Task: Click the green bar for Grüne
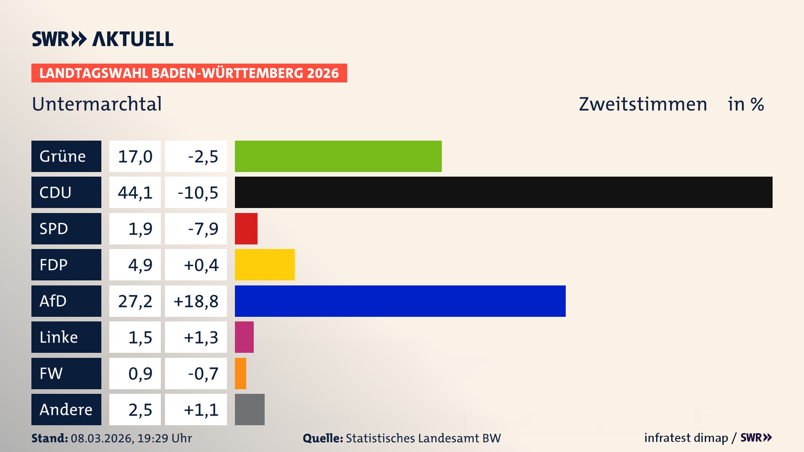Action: pyautogui.click(x=338, y=156)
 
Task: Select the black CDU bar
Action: pyautogui.click(x=503, y=192)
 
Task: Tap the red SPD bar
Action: pyautogui.click(x=246, y=229)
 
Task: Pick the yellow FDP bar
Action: pyautogui.click(x=265, y=265)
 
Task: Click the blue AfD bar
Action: pyautogui.click(x=400, y=301)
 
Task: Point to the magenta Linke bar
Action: pyautogui.click(x=244, y=337)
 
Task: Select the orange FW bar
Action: pyautogui.click(x=240, y=373)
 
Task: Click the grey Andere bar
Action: pyautogui.click(x=250, y=409)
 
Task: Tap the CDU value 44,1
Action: pyautogui.click(x=135, y=193)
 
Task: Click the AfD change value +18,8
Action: pyautogui.click(x=196, y=301)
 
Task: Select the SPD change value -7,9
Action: pyautogui.click(x=203, y=229)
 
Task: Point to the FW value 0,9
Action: pyautogui.click(x=140, y=373)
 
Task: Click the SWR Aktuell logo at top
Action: pyautogui.click(x=102, y=39)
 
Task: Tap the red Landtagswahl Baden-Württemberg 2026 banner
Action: pyautogui.click(x=189, y=73)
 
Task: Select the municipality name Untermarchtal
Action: pyautogui.click(x=97, y=104)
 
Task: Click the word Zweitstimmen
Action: pyautogui.click(x=642, y=104)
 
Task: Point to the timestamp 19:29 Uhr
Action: pyautogui.click(x=164, y=438)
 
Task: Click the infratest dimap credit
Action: pyautogui.click(x=686, y=438)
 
